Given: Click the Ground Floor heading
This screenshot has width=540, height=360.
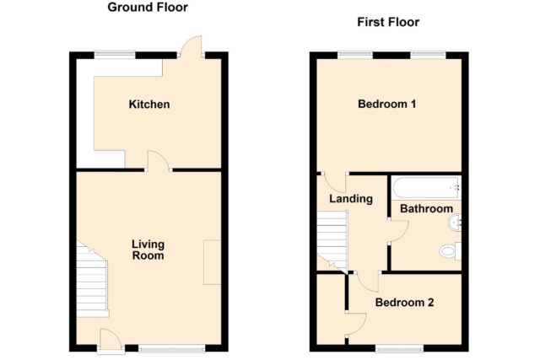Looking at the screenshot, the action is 148,8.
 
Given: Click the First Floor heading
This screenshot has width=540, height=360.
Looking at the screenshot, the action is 388,22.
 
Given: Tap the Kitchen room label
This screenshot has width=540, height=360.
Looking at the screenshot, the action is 149,105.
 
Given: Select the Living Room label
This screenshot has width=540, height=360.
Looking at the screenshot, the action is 148,250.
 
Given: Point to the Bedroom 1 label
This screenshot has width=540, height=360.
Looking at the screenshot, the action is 386,104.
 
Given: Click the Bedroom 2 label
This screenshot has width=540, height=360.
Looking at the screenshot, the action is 404,303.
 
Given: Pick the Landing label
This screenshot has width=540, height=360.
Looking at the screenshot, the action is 351,199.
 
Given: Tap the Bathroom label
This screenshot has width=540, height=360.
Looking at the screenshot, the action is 426,208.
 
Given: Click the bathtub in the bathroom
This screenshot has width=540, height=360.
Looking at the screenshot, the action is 426,187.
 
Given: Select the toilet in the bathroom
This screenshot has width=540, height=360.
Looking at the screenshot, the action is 451,251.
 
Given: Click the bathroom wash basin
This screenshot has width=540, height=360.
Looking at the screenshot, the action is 455,223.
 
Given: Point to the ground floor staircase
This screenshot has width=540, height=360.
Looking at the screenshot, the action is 92,279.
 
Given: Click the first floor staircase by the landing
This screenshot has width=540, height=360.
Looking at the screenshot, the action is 332,240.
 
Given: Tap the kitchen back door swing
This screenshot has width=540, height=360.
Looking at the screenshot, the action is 192,46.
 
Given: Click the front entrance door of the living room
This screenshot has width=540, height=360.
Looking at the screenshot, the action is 111,341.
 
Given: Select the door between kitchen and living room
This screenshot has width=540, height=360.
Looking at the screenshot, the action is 158,160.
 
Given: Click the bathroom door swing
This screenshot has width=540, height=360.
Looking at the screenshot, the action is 399,231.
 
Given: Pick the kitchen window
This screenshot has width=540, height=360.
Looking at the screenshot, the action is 115,55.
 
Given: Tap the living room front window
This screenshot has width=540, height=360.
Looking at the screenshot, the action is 172,349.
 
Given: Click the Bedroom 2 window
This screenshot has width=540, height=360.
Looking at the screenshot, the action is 399,349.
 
